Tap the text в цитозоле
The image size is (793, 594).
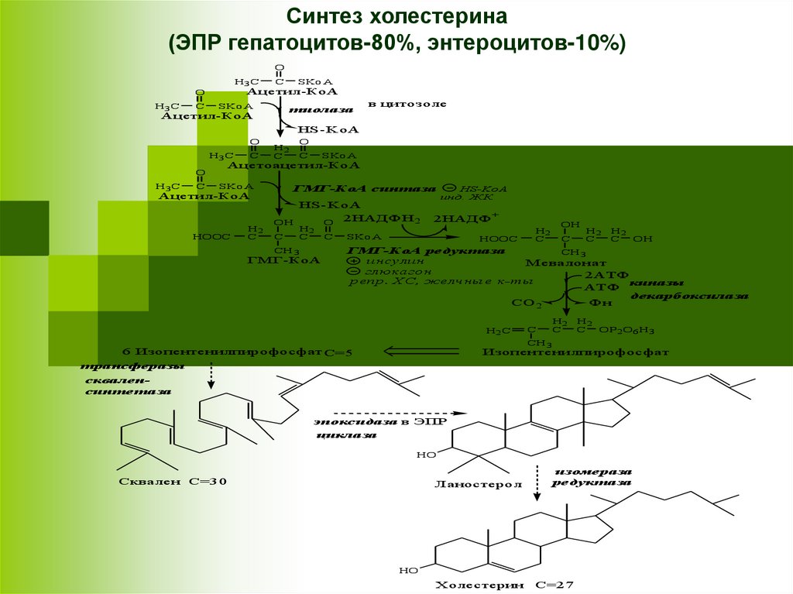point(407,104)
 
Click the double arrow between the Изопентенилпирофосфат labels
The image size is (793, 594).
point(410,352)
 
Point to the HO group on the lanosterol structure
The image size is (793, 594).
point(427,455)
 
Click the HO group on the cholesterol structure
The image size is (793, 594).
point(409,571)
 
